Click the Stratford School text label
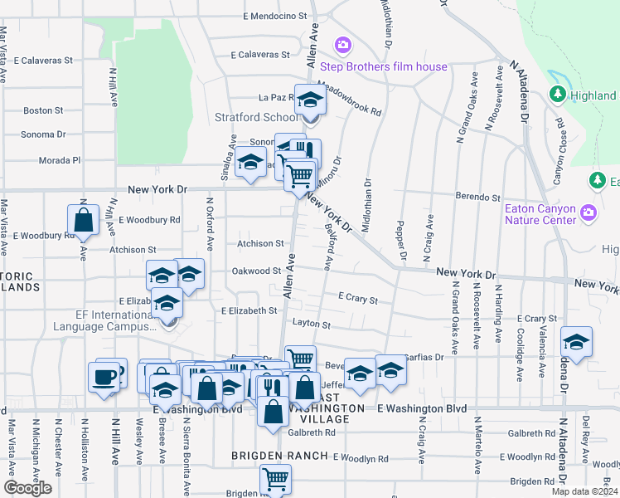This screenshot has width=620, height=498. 256,117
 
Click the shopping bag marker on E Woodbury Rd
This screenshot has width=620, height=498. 83,221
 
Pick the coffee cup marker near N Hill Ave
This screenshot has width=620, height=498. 105,376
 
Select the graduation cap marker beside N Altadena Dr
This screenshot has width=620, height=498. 576,342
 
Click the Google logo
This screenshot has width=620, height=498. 27,488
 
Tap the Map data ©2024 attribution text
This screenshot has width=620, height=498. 584,491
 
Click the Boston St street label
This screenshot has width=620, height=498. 43,110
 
